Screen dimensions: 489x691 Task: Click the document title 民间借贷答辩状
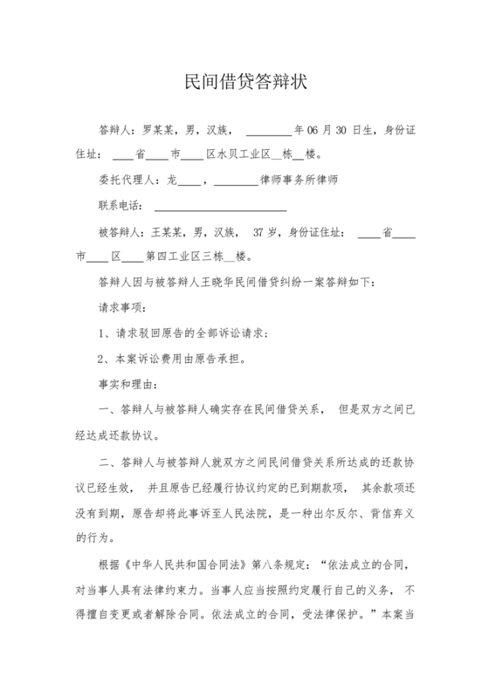244,83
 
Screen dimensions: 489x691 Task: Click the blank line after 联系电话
221,208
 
